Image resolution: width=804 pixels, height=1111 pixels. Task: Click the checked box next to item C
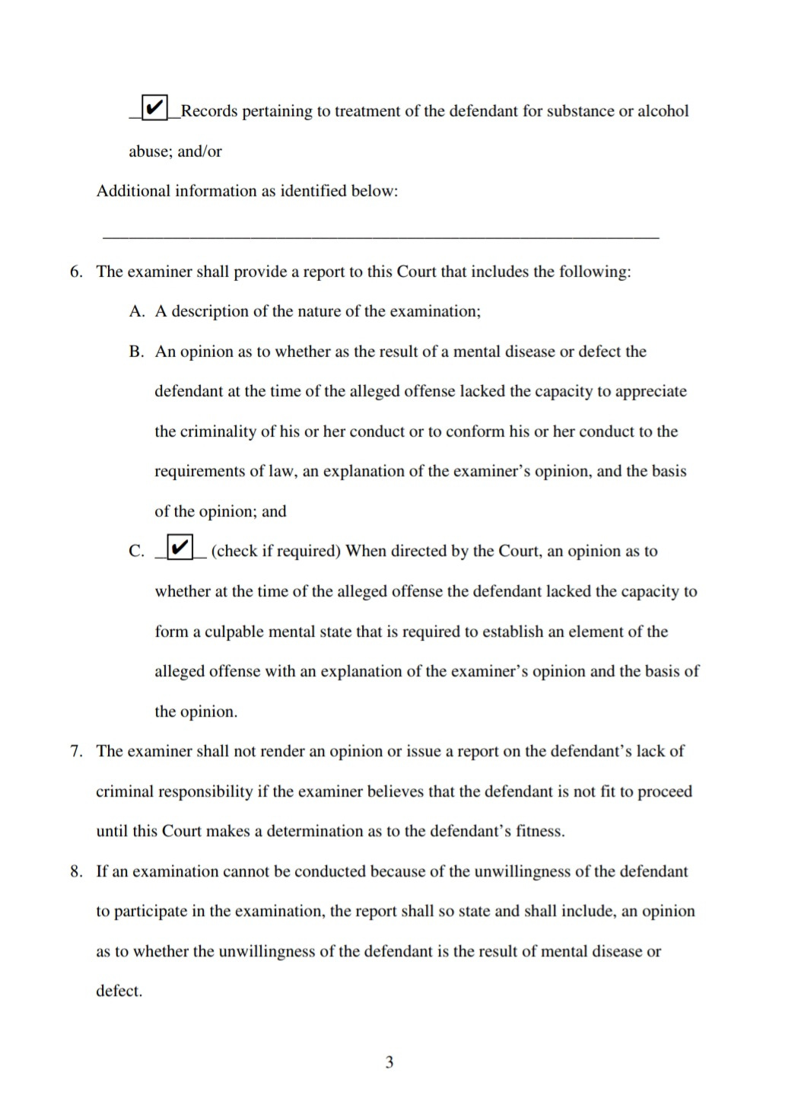pos(180,547)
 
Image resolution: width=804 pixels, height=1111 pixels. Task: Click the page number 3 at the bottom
pos(389,1062)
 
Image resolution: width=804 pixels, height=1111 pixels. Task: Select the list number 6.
pos(76,272)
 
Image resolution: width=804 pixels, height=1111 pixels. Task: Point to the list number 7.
pos(76,751)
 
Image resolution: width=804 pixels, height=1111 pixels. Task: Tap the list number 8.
pos(76,871)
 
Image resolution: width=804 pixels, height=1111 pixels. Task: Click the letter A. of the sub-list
pos(137,311)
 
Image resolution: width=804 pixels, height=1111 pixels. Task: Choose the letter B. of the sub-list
pos(137,352)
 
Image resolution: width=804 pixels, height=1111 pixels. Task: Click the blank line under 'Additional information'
pos(380,237)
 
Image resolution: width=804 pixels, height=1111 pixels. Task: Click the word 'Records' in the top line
pos(209,111)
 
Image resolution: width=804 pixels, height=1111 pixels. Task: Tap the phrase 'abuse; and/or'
pos(175,151)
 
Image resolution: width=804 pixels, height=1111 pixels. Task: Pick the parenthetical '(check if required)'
pos(275,551)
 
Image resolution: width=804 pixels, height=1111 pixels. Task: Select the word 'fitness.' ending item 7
pos(540,831)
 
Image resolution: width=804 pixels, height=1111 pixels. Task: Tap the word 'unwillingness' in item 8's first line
pos(522,871)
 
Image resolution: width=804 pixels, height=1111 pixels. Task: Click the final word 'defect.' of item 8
pos(119,991)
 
